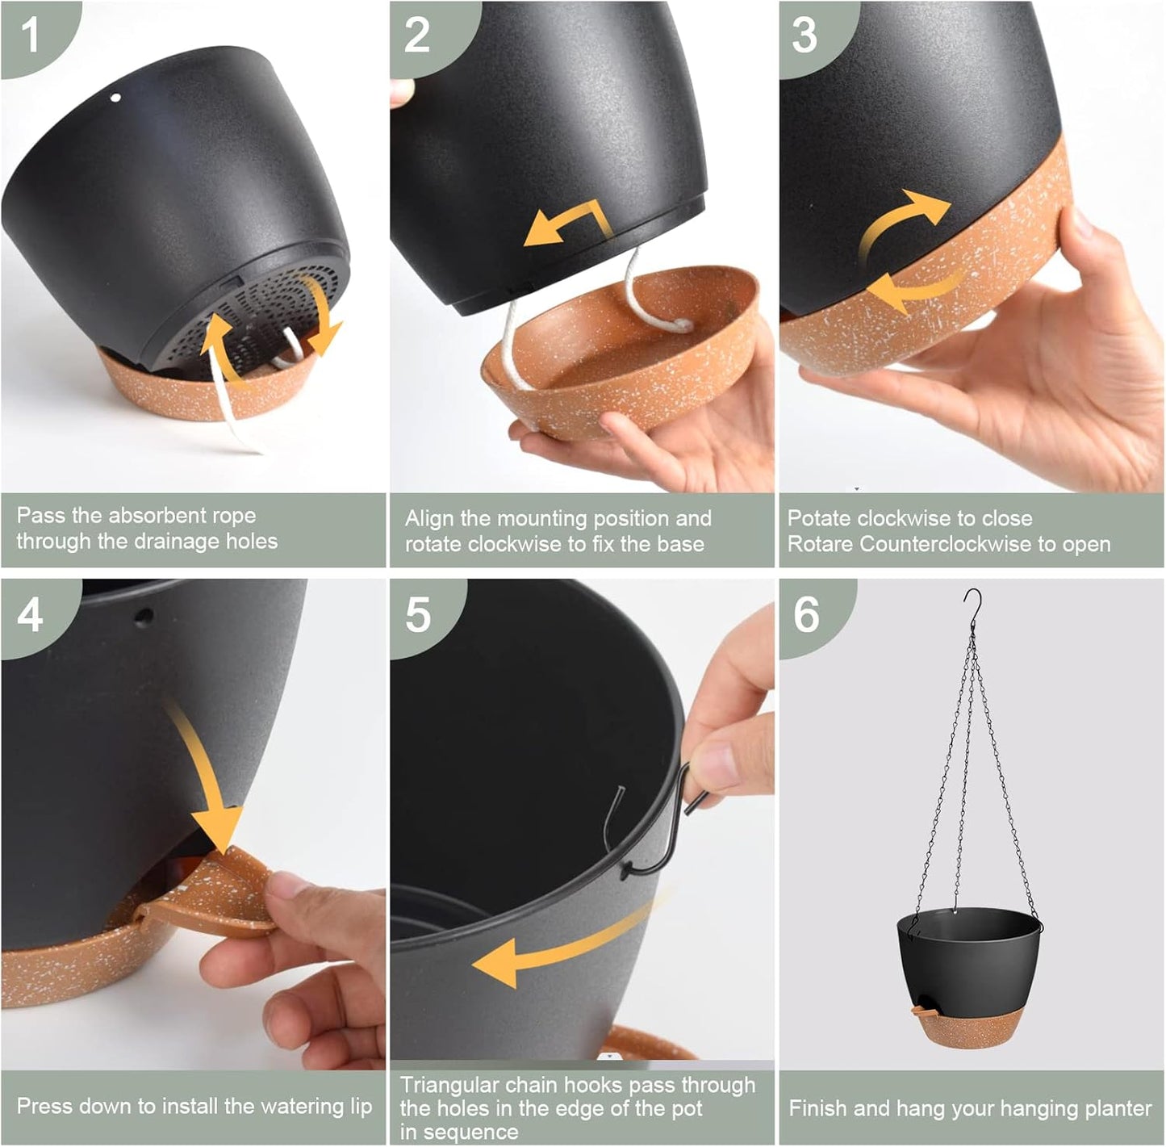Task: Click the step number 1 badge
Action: pyautogui.click(x=30, y=36)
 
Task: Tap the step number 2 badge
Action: pyautogui.click(x=417, y=36)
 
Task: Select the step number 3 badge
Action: pyautogui.click(x=804, y=36)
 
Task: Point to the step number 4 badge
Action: pyautogui.click(x=30, y=615)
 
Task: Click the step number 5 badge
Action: pyautogui.click(x=417, y=615)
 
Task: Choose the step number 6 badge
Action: pyautogui.click(x=806, y=615)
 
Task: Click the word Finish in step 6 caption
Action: pyautogui.click(x=815, y=1108)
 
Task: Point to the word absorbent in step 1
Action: pyautogui.click(x=153, y=515)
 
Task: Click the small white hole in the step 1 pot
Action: pyautogui.click(x=115, y=98)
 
